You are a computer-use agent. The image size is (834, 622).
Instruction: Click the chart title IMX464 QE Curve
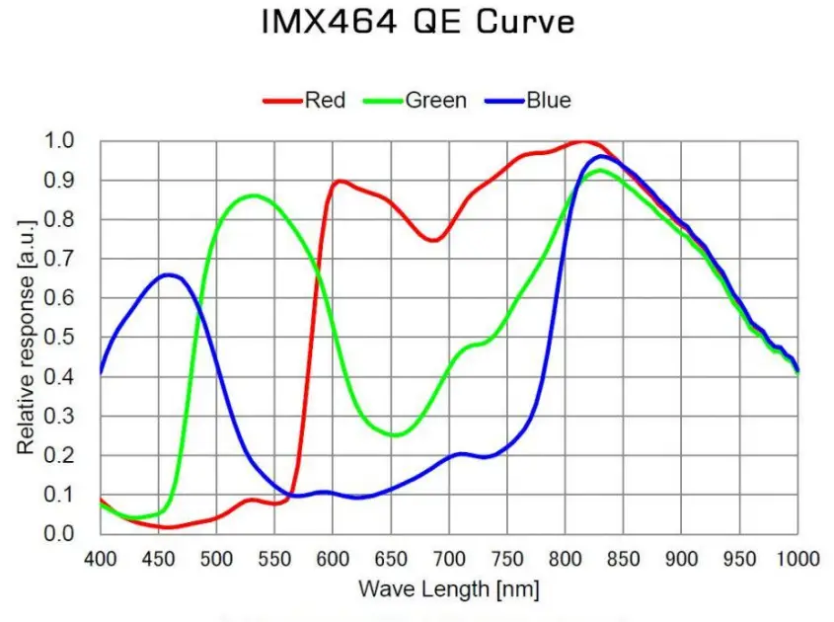[417, 23]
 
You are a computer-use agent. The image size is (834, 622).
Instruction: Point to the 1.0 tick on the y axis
[60, 141]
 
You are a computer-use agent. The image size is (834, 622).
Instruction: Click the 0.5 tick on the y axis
[60, 338]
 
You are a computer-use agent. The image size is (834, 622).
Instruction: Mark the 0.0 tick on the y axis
[60, 534]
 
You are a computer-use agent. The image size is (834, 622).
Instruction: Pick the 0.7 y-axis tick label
[60, 259]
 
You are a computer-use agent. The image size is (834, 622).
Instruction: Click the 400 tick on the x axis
[101, 558]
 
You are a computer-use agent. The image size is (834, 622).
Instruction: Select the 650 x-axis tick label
[391, 558]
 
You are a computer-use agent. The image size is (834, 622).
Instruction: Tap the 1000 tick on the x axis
[796, 558]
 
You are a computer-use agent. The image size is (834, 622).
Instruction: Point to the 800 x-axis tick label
[566, 558]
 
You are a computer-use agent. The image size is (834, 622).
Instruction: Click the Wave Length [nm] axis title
[448, 589]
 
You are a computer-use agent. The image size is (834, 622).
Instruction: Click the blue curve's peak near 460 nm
[169, 274]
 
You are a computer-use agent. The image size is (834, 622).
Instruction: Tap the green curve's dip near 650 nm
[395, 434]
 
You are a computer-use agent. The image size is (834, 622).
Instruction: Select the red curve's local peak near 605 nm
[340, 181]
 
